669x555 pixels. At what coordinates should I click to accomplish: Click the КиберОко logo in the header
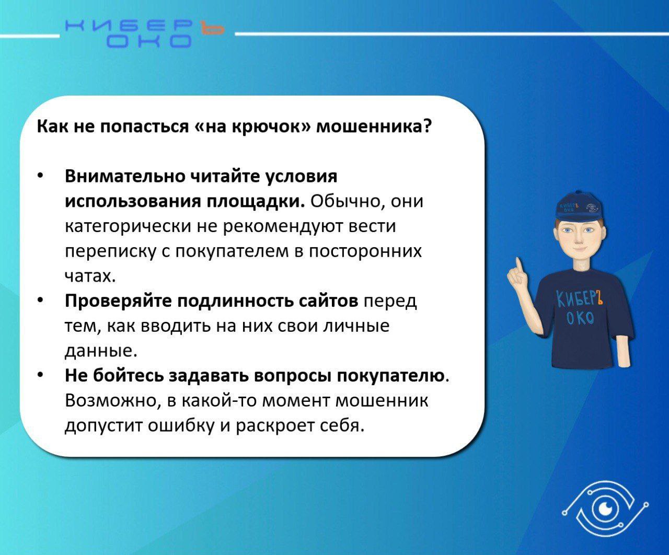[145, 33]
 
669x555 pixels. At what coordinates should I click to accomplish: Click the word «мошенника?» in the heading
[374, 126]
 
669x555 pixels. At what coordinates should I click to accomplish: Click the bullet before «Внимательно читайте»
[40, 176]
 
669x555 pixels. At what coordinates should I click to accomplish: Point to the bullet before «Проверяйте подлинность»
[40, 300]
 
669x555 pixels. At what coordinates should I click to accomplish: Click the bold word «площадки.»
[255, 202]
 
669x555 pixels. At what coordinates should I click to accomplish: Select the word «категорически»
[128, 227]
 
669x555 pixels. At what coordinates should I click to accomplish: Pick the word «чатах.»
[90, 275]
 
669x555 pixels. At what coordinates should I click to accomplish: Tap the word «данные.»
[101, 351]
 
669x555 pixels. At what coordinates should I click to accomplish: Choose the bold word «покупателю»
[391, 376]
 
